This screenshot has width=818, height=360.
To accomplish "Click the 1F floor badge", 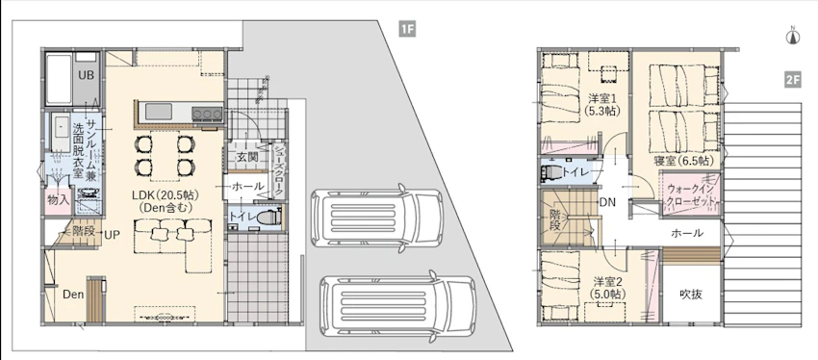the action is coord(407,29).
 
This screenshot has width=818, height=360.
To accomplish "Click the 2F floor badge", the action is coord(792,80).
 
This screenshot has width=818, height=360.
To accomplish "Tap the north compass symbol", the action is coord(792,36).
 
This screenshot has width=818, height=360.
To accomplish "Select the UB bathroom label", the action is coord(86,75).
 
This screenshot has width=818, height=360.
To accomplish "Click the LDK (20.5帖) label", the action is coord(164,194).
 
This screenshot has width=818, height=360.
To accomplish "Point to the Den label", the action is coord(73,295).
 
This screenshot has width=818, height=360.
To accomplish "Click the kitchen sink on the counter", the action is coord(158,112).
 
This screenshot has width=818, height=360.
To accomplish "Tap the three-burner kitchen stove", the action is coord(208,114).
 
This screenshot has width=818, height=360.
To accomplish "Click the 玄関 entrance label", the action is coord(245,157).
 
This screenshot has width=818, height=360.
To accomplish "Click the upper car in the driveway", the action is coord(376,218).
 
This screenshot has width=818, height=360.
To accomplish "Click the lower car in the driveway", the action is coord(397,306).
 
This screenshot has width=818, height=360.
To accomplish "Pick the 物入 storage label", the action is coord(57,199).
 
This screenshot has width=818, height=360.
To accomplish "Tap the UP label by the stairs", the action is coord(112,235).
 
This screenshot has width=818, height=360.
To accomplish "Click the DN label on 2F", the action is coord(606,202).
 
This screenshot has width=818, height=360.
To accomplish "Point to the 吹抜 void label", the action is coord(691,295).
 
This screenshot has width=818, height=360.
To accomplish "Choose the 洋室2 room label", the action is coord(604,282).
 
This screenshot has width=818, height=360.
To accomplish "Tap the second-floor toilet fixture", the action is coord(552,172).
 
